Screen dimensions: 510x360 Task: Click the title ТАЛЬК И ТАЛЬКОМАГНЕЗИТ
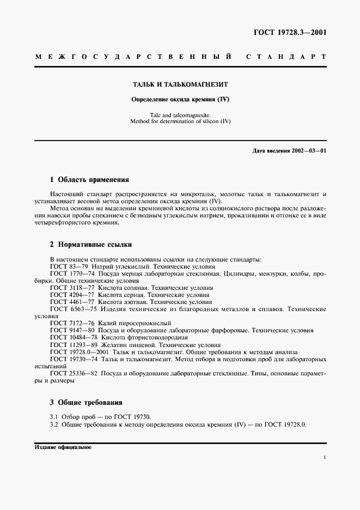[180, 86]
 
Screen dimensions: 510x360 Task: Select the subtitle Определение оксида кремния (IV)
[180, 100]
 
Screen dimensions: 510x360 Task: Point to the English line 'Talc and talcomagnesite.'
[180, 115]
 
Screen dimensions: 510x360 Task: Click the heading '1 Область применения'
[89, 179]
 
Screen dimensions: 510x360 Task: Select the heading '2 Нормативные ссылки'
[90, 245]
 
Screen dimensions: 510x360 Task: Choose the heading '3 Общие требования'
[86, 403]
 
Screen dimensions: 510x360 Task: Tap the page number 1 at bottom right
[325, 458]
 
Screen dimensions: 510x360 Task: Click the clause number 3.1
[54, 417]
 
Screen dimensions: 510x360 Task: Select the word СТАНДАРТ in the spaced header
[286, 57]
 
